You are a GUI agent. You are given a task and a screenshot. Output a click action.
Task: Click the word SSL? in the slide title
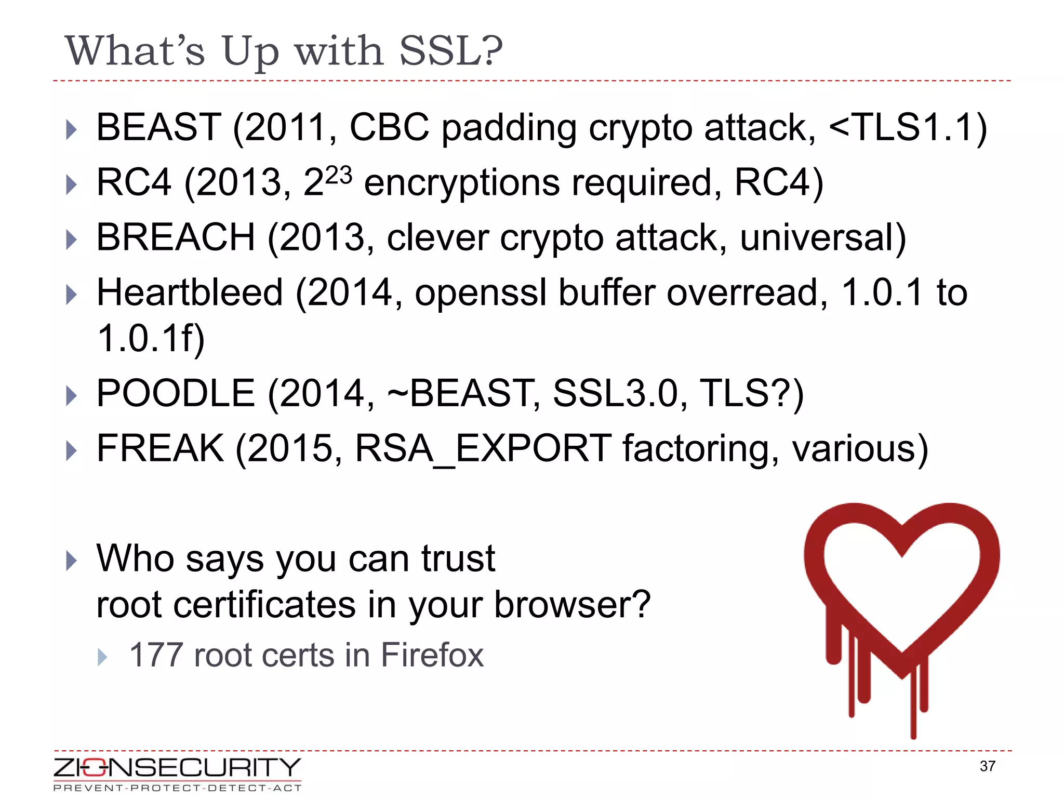[450, 51]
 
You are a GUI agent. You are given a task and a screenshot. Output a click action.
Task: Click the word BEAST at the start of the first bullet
[158, 127]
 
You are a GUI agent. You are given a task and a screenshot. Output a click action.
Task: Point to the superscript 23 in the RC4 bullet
[339, 175]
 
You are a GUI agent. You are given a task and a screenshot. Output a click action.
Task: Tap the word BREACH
[176, 237]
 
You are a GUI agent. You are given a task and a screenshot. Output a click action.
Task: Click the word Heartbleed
[190, 292]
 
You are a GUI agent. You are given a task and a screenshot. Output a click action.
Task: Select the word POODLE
[176, 393]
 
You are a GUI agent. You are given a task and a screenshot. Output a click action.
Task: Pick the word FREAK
[160, 448]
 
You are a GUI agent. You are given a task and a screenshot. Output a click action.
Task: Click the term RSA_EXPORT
[483, 448]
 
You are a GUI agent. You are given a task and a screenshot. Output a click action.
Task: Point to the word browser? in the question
[572, 605]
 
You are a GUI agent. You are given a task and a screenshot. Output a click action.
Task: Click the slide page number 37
[987, 766]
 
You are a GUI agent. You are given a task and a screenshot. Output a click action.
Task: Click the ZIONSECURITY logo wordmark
[177, 767]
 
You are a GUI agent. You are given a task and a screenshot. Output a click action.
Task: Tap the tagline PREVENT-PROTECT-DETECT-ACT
[177, 788]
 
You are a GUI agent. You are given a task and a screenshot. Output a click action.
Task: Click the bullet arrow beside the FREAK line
[72, 450]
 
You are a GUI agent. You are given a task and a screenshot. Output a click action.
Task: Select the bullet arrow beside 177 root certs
[102, 657]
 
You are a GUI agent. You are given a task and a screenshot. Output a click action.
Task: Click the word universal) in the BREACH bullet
[823, 237]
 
